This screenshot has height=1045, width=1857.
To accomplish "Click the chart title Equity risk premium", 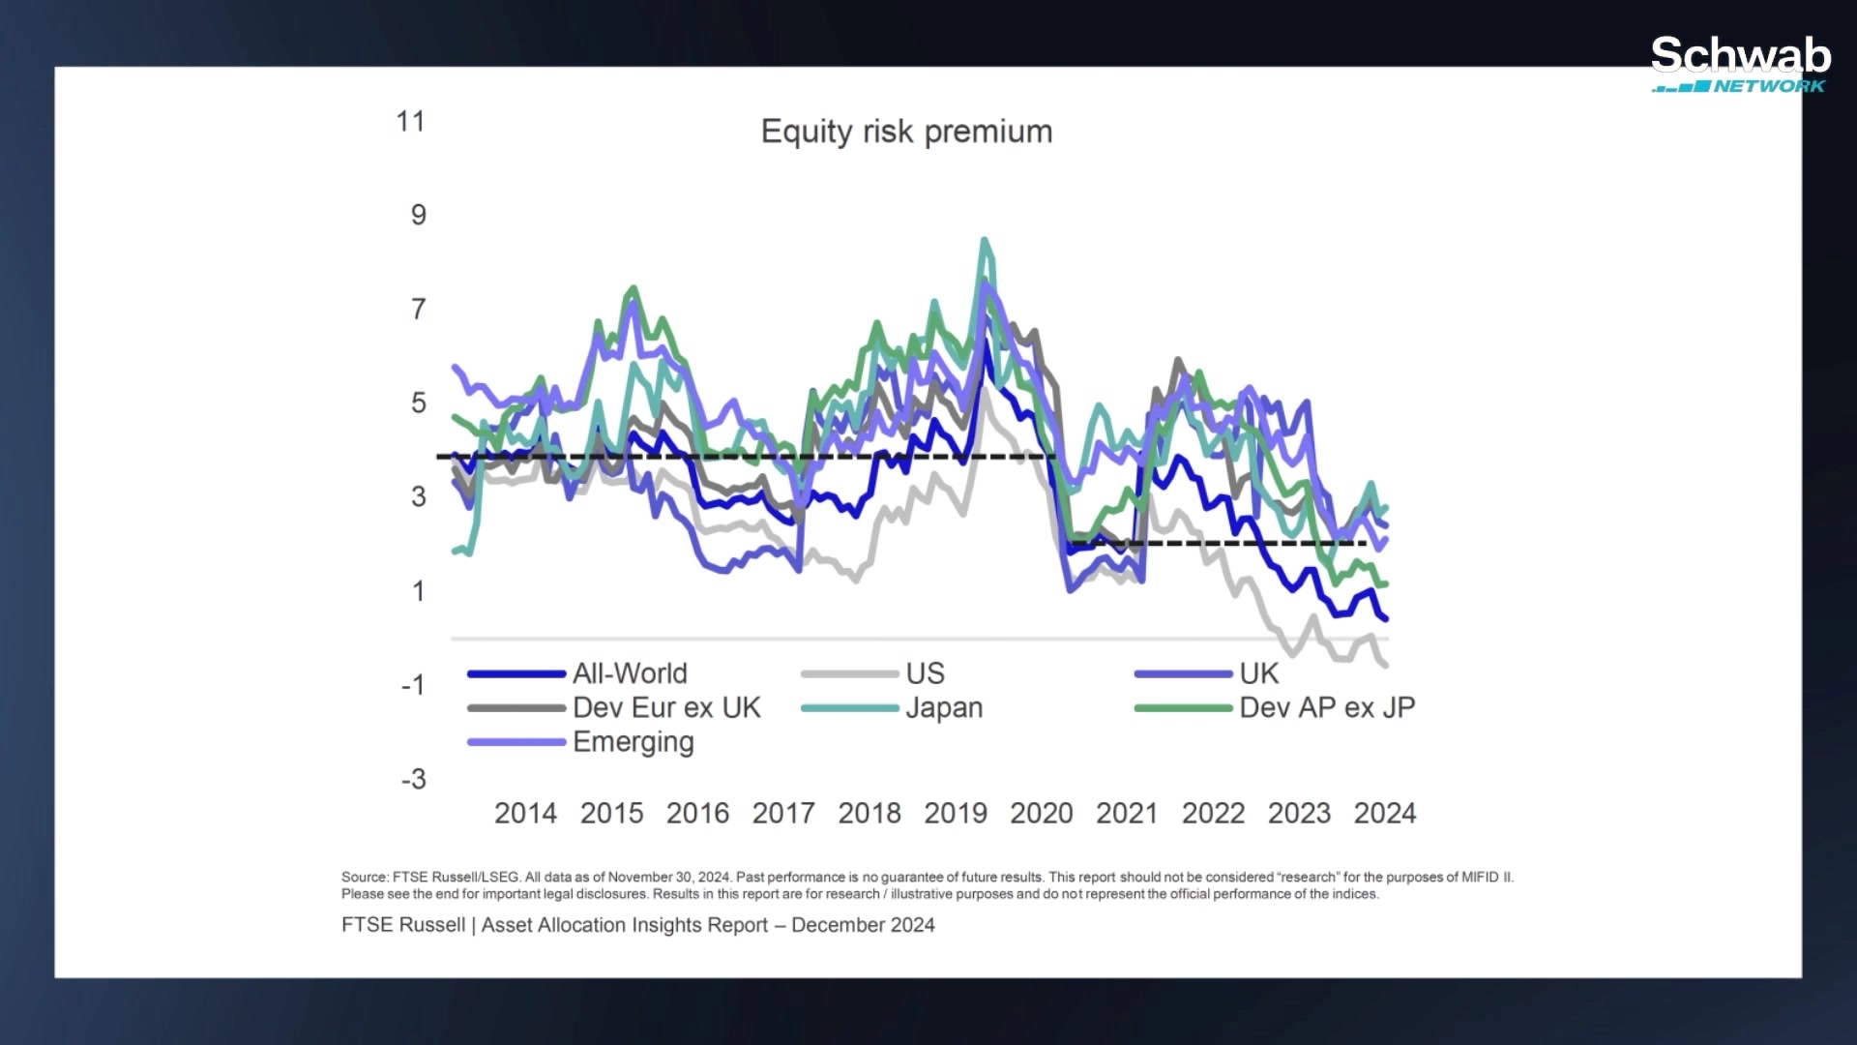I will (906, 132).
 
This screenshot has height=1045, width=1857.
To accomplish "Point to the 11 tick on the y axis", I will (411, 122).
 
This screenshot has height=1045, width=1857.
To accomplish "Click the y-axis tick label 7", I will (418, 310).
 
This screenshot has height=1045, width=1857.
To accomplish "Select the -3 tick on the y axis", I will (414, 779).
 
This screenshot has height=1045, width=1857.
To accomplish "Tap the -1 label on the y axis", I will (414, 685).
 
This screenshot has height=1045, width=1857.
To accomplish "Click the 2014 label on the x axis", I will (525, 813).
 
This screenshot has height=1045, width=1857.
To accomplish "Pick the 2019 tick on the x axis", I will (955, 813).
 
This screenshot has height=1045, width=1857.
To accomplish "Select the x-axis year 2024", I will (1384, 813).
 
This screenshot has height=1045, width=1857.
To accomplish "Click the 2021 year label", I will (1127, 813).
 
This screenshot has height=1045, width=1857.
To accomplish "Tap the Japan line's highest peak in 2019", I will (985, 240).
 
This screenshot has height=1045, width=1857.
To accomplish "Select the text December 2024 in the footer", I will (863, 925).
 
